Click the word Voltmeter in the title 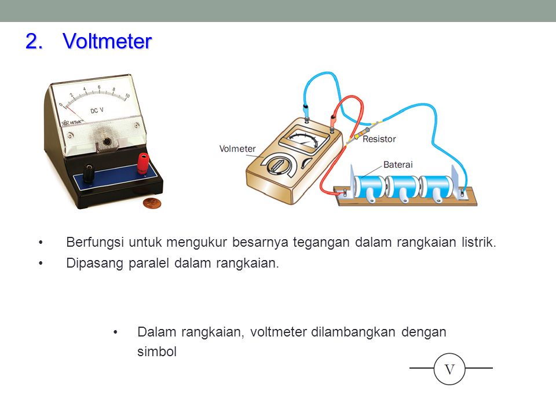(x=107, y=41)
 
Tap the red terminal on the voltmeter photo (x=143, y=163)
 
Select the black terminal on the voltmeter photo (x=88, y=173)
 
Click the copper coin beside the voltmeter (x=152, y=203)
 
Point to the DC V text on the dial (x=97, y=111)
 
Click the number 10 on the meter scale (x=127, y=96)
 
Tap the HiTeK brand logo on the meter (x=73, y=123)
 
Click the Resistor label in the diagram (x=379, y=139)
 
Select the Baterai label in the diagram (x=398, y=164)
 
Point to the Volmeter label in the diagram (x=237, y=149)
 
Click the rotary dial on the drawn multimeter (x=279, y=165)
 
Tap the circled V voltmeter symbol (x=449, y=369)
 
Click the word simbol (x=157, y=352)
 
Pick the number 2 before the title (x=34, y=41)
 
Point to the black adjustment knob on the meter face (x=106, y=142)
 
